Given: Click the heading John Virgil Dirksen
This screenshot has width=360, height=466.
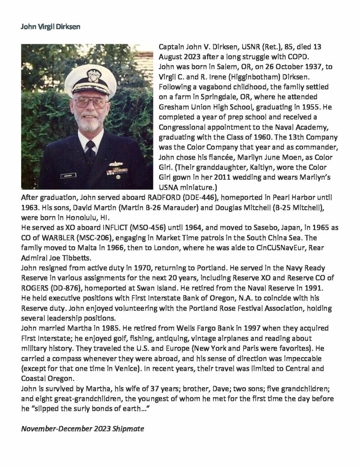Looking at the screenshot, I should [47, 26].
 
